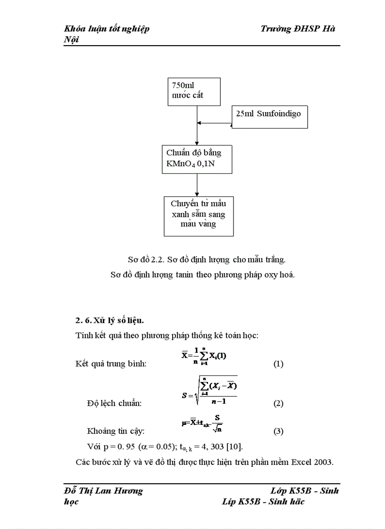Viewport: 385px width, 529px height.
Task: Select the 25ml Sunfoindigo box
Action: coord(269,116)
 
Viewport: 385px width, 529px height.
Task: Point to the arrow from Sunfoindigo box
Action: coord(214,124)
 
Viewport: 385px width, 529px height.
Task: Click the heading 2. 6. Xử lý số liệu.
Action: coord(109,320)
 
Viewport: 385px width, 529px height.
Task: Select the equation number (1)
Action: coord(278,364)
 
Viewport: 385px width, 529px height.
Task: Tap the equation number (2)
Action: coord(278,403)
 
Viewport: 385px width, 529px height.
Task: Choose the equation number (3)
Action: coord(278,431)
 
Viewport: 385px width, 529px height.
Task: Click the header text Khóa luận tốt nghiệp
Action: coord(107,29)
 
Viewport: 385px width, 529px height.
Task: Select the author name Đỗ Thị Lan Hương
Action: coord(103,491)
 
